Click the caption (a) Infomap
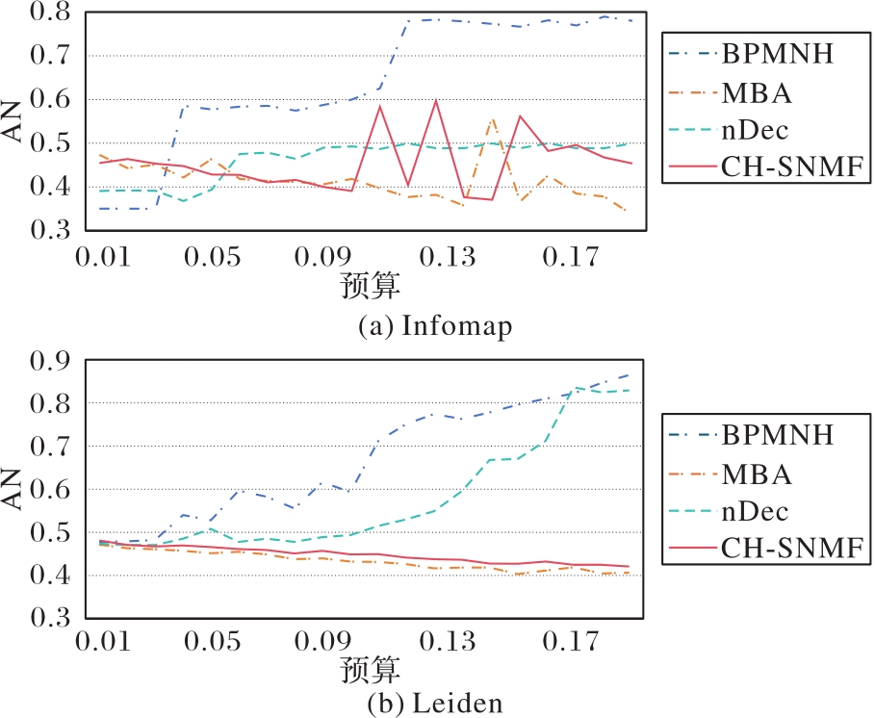pyautogui.click(x=435, y=326)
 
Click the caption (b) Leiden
pyautogui.click(x=435, y=703)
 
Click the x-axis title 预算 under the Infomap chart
pyautogui.click(x=370, y=286)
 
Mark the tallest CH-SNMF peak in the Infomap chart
pyautogui.click(x=436, y=100)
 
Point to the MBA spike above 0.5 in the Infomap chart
pyautogui.click(x=494, y=120)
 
